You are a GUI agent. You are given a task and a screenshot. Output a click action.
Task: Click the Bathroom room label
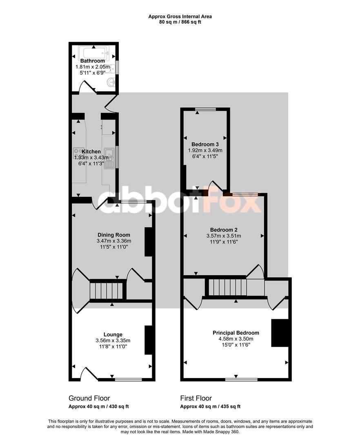tap(93, 61)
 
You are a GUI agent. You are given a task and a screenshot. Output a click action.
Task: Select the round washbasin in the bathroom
tap(111, 82)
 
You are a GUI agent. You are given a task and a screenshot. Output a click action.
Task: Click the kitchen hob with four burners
tap(79, 153)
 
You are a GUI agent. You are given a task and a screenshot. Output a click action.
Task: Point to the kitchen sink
tap(109, 158)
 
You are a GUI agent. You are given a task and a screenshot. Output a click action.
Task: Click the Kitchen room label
tap(91, 151)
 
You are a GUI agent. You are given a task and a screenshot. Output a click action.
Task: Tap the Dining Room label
tap(114, 235)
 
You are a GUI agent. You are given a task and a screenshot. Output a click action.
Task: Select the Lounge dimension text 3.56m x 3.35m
tap(113, 341)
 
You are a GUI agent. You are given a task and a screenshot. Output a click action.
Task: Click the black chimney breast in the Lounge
tap(149, 340)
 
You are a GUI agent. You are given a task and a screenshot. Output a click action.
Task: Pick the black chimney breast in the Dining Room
tap(149, 242)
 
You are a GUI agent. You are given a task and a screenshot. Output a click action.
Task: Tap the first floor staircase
tap(227, 287)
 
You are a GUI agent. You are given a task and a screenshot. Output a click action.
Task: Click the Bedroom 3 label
tap(205, 144)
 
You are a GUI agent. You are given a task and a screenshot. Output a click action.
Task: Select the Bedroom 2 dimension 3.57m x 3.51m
tap(224, 236)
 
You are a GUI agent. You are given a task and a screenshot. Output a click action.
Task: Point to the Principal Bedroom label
tap(236, 333)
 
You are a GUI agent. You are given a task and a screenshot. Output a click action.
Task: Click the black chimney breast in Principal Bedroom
tap(280, 333)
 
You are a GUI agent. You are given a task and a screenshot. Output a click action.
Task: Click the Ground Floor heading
tap(89, 398)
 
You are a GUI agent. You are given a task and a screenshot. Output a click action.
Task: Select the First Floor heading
tap(196, 398)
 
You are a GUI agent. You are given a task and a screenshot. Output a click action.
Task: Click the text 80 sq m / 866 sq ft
tap(180, 22)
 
